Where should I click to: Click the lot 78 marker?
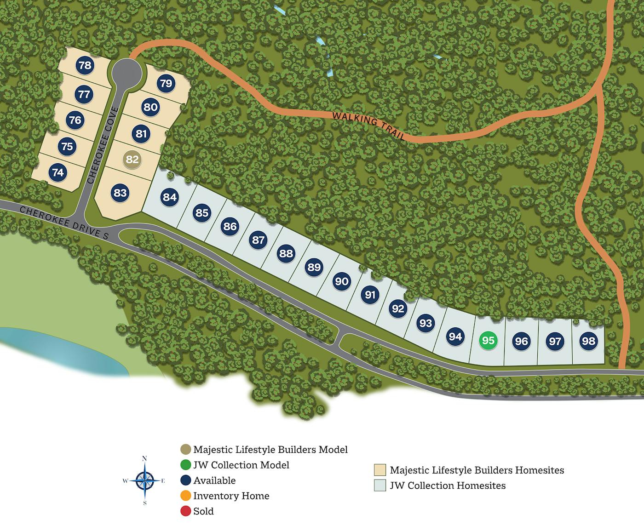85,65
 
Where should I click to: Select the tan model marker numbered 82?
132,160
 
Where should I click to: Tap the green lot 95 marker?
488,340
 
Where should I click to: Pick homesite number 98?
588,341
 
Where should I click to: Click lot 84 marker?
170,197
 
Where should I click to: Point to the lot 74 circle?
58,172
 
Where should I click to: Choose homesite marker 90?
342,281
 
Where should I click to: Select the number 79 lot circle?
166,83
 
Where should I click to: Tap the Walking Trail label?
368,126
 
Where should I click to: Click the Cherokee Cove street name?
103,145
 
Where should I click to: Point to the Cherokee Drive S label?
64,223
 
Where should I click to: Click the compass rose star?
144,480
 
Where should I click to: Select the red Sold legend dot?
185,511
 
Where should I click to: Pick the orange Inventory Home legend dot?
185,496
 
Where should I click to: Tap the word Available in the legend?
214,480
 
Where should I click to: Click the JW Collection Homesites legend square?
380,485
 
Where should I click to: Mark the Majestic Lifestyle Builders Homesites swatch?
380,470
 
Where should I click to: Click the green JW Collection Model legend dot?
185,465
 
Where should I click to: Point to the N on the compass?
144,458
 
